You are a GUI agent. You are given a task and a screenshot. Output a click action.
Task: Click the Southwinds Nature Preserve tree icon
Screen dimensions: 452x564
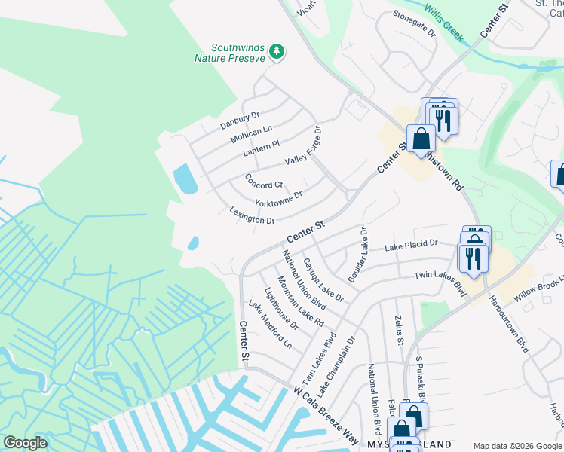pyautogui.click(x=278, y=50)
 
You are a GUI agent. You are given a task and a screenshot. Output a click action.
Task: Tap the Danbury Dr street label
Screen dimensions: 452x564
pyautogui.click(x=240, y=120)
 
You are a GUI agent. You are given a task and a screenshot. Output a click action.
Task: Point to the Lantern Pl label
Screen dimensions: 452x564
pyautogui.click(x=262, y=148)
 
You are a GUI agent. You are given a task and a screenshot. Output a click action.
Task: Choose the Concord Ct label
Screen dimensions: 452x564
pyautogui.click(x=264, y=182)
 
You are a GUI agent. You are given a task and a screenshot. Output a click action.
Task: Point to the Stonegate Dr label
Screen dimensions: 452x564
pyautogui.click(x=414, y=32)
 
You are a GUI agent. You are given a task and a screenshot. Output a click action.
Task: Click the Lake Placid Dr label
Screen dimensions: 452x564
pyautogui.click(x=411, y=245)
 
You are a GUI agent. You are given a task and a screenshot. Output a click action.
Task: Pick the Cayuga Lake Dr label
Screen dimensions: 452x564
pyautogui.click(x=323, y=280)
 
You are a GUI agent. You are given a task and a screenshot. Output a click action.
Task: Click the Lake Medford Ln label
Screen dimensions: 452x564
pyautogui.click(x=270, y=324)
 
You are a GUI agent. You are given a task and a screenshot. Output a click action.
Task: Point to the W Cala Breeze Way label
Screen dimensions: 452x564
pyautogui.click(x=326, y=415)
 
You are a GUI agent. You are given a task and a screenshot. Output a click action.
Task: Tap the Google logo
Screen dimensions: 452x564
pyautogui.click(x=26, y=443)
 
